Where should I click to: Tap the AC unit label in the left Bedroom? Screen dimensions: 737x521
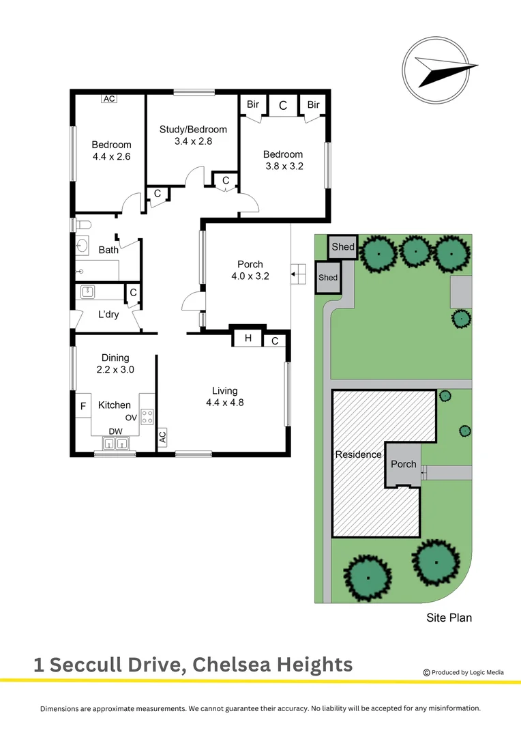[109, 98]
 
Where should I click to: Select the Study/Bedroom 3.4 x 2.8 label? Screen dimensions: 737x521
[193, 135]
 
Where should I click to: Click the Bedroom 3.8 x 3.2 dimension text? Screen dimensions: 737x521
[283, 160]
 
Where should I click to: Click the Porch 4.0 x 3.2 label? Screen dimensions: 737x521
[250, 270]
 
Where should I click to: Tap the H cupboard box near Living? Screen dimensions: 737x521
[248, 338]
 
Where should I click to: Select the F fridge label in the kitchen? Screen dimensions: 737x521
[83, 406]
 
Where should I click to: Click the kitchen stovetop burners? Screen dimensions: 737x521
[147, 417]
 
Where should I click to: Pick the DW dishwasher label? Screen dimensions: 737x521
[115, 431]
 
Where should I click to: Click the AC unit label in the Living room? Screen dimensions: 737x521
[162, 437]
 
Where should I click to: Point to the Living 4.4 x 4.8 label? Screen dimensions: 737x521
[224, 396]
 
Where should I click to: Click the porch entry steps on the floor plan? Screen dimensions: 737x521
[297, 275]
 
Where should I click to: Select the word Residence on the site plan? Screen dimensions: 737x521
[358, 454]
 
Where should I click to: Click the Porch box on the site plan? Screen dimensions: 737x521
[403, 464]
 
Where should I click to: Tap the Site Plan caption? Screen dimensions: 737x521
[449, 618]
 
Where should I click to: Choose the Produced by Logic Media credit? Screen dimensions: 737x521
[464, 672]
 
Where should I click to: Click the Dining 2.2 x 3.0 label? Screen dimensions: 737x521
[115, 363]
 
